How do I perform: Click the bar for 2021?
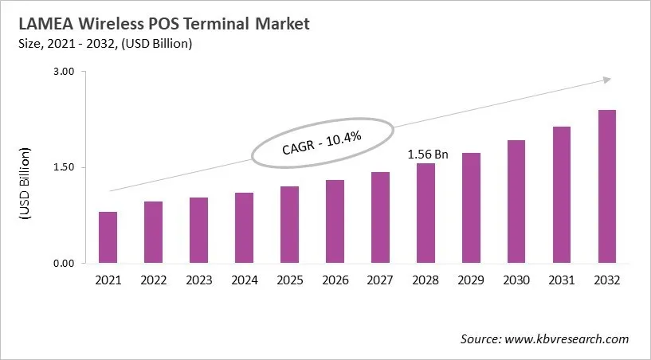(x=108, y=237)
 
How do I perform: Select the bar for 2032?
(x=607, y=186)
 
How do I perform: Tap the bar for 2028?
(x=426, y=213)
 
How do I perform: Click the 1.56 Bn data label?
(x=428, y=155)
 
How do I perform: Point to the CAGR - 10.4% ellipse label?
(x=321, y=144)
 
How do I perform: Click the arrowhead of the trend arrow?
(x=606, y=79)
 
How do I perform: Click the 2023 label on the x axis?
(x=198, y=280)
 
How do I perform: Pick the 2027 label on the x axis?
(x=380, y=280)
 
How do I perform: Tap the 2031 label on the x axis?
(x=562, y=280)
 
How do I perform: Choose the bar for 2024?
(x=244, y=228)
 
